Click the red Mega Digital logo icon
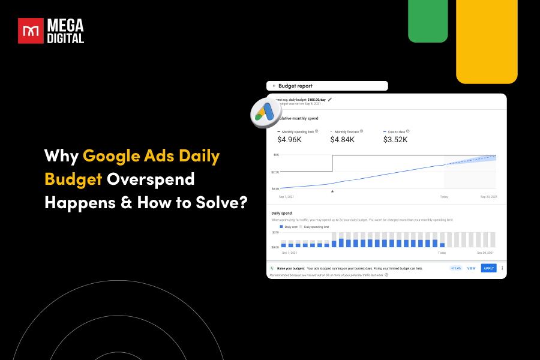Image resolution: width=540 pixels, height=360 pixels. [30, 31]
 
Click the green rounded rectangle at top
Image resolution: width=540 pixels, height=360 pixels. [428, 20]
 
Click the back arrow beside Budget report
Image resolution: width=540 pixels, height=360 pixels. [274, 86]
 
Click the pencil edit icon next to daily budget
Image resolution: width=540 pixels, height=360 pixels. [330, 99]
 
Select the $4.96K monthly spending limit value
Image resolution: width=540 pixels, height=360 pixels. [290, 139]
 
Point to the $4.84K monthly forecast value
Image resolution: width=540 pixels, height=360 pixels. [343, 139]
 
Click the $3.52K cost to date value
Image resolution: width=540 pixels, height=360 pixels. [395, 139]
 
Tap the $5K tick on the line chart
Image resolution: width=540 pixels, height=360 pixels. [276, 155]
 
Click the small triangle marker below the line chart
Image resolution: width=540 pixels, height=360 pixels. [332, 191]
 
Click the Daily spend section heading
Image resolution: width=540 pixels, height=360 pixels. [282, 213]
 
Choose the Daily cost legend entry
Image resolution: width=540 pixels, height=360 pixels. [288, 227]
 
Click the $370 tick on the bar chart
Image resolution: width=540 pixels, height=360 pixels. [275, 232]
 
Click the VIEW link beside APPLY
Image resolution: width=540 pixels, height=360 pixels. [471, 268]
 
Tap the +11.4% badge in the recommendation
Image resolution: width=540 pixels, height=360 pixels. [455, 268]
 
